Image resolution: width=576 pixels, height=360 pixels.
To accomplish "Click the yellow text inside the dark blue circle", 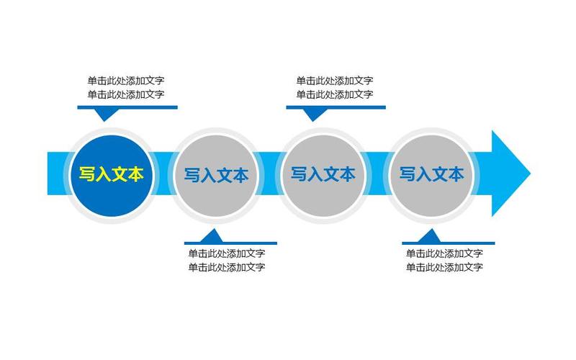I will click(111, 174).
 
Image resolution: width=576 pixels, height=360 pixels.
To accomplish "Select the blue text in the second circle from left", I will click(216, 175).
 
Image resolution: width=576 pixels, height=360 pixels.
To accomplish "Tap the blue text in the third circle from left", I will click(323, 174).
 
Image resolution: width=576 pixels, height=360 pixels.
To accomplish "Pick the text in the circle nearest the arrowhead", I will click(431, 174).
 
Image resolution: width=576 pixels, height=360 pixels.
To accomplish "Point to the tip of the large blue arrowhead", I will click(529, 174).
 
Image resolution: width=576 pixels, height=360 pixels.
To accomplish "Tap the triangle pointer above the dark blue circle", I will click(106, 114).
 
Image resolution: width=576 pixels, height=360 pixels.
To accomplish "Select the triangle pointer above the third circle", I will click(314, 114).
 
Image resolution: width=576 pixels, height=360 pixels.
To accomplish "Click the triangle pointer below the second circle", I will click(212, 236).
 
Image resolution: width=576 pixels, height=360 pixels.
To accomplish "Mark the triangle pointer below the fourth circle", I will click(429, 236).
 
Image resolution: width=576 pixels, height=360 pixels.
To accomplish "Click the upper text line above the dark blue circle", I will click(126, 81).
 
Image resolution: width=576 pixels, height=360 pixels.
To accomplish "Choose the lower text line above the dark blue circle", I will click(126, 94).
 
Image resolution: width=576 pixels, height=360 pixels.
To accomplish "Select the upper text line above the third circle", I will click(335, 81).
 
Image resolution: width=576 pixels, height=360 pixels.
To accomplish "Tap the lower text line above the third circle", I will click(335, 94).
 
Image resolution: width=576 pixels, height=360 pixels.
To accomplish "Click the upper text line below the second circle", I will click(227, 253).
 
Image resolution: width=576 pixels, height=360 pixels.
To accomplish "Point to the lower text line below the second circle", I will click(227, 267).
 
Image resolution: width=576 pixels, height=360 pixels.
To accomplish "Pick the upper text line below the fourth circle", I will click(444, 253).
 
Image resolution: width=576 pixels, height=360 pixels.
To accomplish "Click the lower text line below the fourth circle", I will click(444, 267).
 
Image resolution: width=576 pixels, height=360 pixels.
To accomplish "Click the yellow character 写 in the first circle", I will click(86, 174).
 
